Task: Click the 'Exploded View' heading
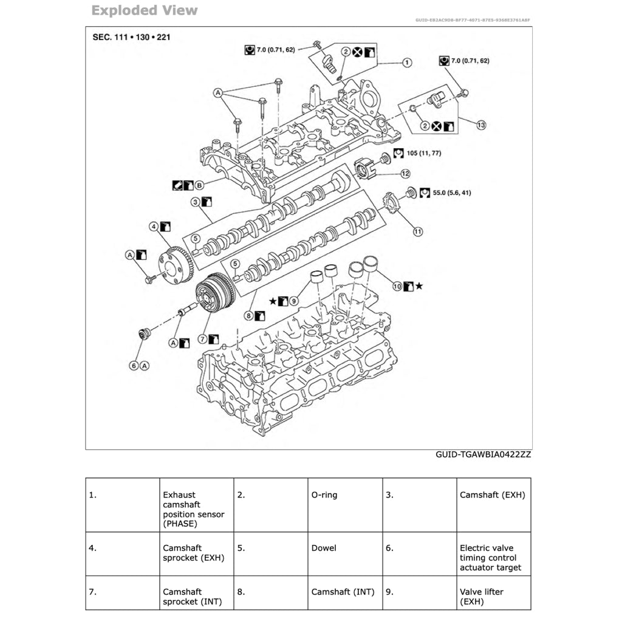point(144,10)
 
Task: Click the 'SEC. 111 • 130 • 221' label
point(132,37)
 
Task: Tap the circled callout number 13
point(481,125)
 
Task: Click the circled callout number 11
point(418,231)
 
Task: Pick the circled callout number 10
point(397,285)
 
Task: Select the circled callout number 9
point(293,300)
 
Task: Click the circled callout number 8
point(248,315)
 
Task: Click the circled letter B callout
point(199,184)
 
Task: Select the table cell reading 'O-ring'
point(324,495)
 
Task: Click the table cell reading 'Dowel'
point(324,548)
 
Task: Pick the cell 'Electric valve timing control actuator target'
point(490,558)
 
